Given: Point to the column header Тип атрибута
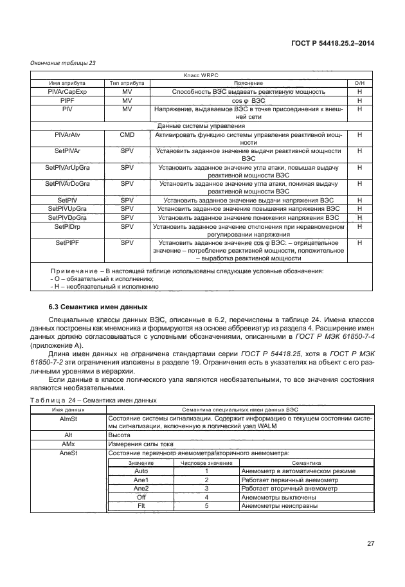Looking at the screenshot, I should (127, 84).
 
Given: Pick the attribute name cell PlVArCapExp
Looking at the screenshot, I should (67, 92).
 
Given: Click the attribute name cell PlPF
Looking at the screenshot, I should (67, 101).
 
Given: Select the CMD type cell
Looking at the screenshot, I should (127, 135).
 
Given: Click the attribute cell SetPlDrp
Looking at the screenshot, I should (67, 226).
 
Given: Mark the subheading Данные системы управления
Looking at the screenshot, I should (202, 126).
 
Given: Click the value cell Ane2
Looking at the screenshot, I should (141, 488).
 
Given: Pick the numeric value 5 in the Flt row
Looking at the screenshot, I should (206, 506).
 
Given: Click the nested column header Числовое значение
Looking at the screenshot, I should (206, 462).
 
